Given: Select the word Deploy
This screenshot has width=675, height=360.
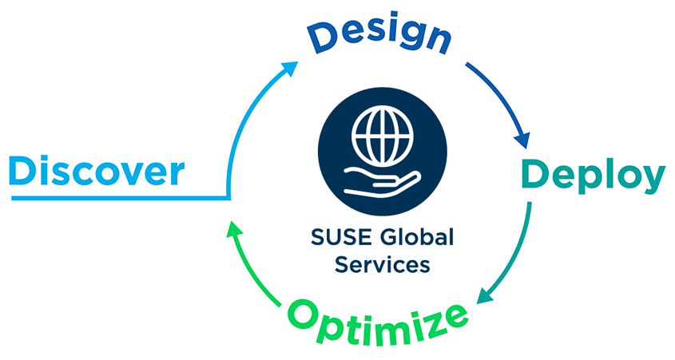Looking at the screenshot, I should tap(593, 176).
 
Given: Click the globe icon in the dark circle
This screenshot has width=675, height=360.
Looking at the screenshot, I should tap(378, 136).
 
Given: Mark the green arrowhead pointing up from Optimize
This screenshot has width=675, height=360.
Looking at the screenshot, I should tap(232, 232).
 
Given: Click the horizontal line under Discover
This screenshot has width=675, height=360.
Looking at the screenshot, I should tap(120, 196).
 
